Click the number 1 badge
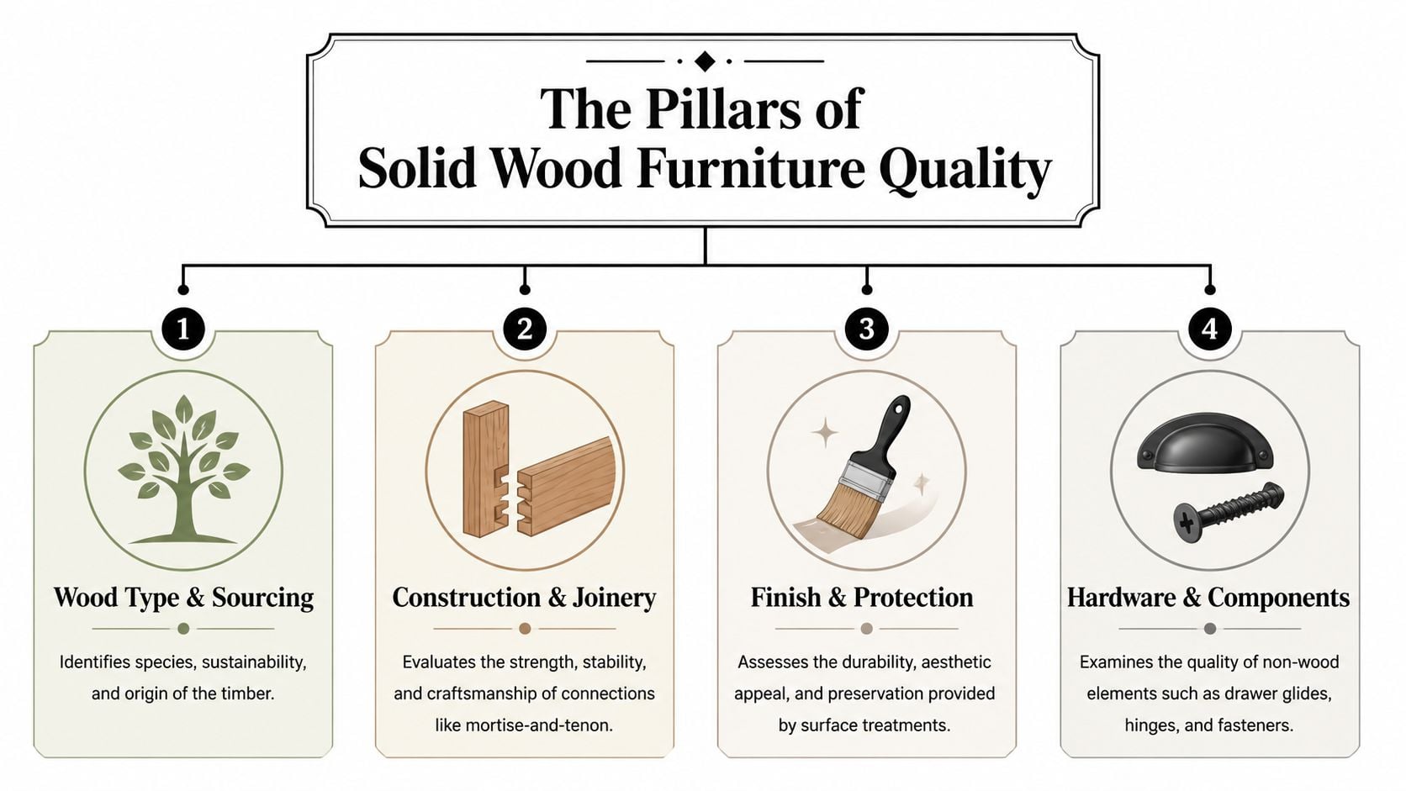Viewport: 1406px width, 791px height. [183, 329]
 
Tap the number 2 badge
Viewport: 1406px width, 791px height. [525, 329]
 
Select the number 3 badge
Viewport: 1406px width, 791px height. [867, 329]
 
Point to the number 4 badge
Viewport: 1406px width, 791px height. [1209, 329]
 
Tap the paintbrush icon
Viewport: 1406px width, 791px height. [866, 471]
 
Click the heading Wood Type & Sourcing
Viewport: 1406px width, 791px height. [183, 598]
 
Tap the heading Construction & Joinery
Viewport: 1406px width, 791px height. [524, 598]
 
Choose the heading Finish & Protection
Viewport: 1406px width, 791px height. [862, 598]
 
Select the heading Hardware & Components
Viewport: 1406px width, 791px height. [1208, 598]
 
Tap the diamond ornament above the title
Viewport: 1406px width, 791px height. [705, 61]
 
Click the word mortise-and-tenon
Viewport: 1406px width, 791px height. [524, 724]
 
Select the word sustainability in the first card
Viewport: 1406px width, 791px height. [254, 662]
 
